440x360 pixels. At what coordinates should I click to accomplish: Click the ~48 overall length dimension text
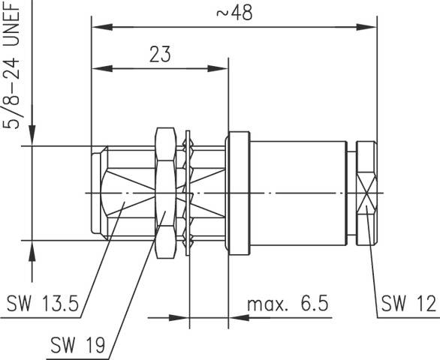click(234, 13)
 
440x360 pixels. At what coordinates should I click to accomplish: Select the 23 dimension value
click(160, 55)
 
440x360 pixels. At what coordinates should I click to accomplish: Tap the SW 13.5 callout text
click(43, 303)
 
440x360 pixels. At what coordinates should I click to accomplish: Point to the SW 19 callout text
click(78, 345)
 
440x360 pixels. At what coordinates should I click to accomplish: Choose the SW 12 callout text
click(408, 303)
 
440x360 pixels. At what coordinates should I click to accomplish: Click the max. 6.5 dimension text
click(288, 304)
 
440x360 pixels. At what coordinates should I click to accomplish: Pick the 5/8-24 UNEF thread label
click(11, 65)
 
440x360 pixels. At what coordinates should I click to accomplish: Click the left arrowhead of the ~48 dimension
click(102, 27)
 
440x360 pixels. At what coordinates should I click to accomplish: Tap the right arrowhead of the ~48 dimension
click(366, 27)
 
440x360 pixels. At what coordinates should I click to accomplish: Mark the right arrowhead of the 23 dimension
click(218, 68)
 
